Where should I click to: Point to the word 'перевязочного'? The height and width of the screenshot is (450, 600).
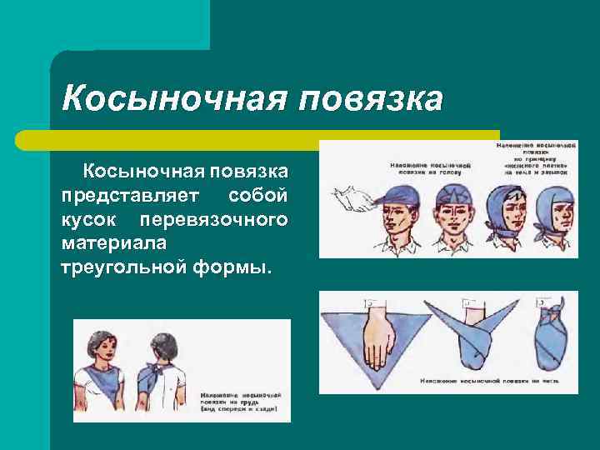pyautogui.click(x=214, y=220)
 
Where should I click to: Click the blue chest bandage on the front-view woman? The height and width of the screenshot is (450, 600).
pyautogui.click(x=103, y=386)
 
